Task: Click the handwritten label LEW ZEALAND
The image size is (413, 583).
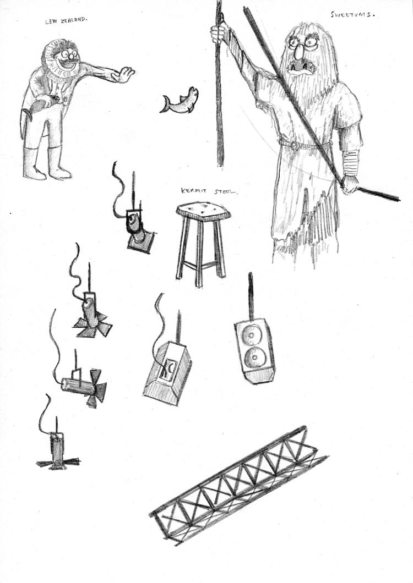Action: (66, 21)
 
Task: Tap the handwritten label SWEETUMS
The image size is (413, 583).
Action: (352, 15)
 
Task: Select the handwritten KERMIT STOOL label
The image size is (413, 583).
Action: (209, 192)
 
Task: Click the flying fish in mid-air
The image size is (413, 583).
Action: (180, 100)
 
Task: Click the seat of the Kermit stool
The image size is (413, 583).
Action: (203, 212)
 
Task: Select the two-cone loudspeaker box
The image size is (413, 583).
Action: (255, 349)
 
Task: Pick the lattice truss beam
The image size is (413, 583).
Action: (238, 485)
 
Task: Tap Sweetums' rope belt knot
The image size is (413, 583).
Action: (295, 145)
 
